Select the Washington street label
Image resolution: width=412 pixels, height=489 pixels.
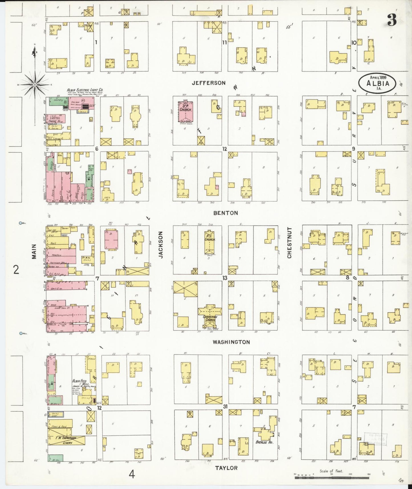coord(231,342)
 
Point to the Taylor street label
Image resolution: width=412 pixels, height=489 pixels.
coord(226,468)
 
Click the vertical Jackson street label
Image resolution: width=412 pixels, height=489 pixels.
coord(160,249)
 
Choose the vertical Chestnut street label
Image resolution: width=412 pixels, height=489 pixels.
coord(289,243)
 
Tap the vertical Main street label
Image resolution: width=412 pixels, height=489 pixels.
coord(34,251)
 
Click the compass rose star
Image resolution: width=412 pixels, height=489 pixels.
coord(34,85)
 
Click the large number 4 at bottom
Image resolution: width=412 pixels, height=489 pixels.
coord(131,474)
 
